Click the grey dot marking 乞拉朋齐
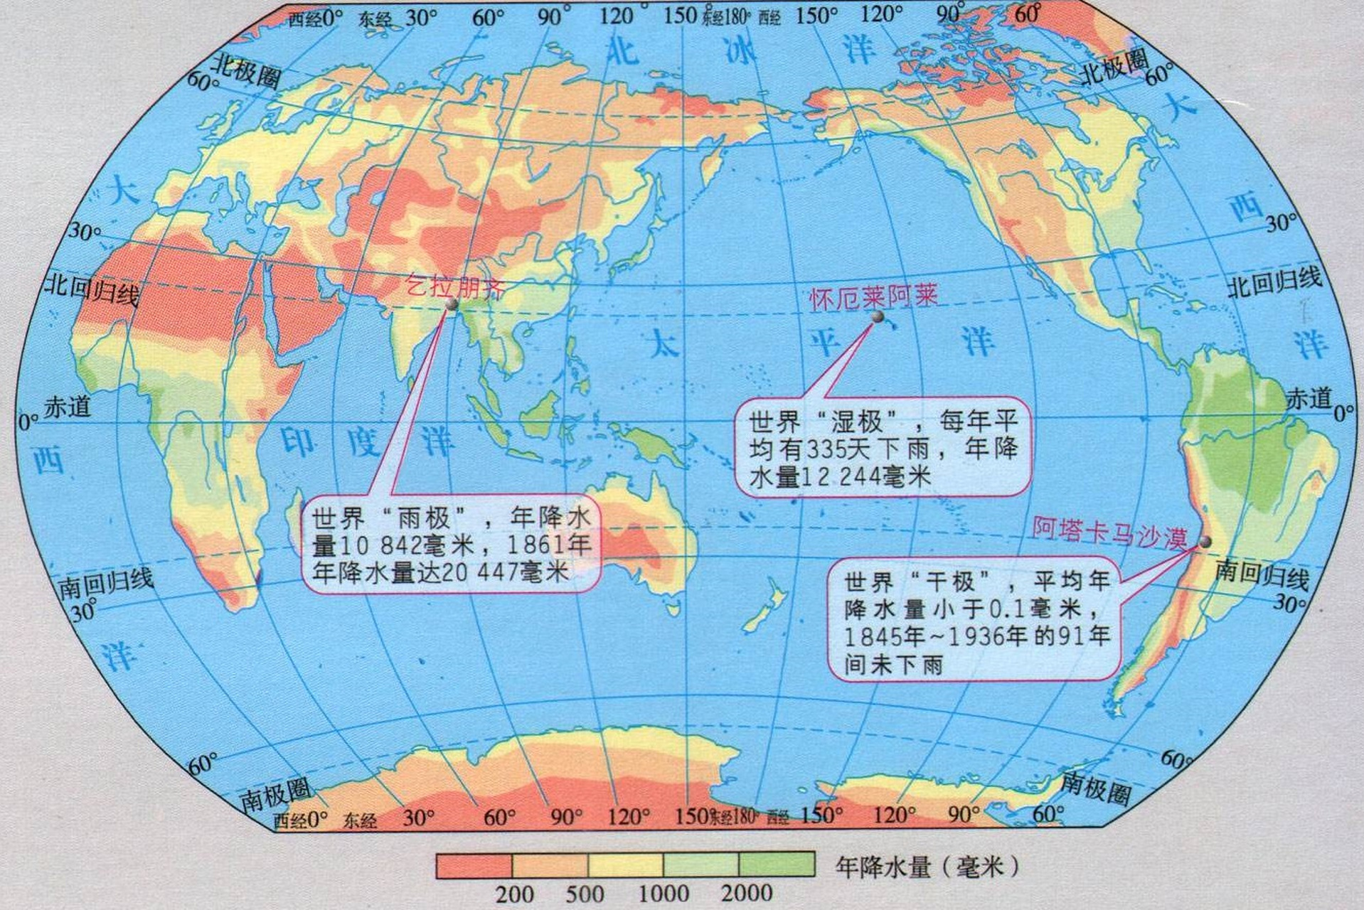click(x=451, y=304)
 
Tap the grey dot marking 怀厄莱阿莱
click(x=878, y=318)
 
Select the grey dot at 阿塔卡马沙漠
click(x=1204, y=542)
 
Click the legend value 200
click(x=513, y=894)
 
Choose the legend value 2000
click(x=746, y=892)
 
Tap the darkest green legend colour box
click(x=777, y=864)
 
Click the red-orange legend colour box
click(x=474, y=865)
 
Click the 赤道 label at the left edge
click(x=68, y=407)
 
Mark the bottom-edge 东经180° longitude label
click(x=732, y=816)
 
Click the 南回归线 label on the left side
click(x=105, y=583)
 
